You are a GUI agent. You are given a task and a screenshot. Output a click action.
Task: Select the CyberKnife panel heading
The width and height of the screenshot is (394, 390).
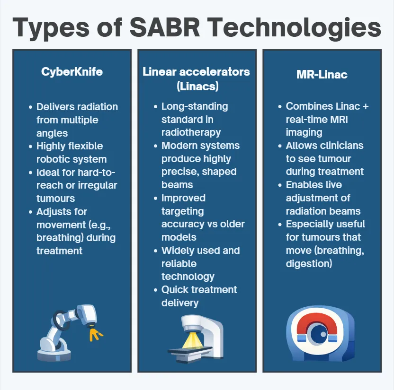pos(72,72)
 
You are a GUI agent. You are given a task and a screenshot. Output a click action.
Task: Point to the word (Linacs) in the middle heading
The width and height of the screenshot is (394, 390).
pos(196,87)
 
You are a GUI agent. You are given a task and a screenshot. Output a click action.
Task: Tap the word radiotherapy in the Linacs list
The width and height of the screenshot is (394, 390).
pos(191,132)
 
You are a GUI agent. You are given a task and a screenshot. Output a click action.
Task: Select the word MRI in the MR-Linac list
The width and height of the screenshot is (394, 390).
pos(337,119)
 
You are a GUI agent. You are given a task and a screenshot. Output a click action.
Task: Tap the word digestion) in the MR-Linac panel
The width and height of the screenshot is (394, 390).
pos(309,263)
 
